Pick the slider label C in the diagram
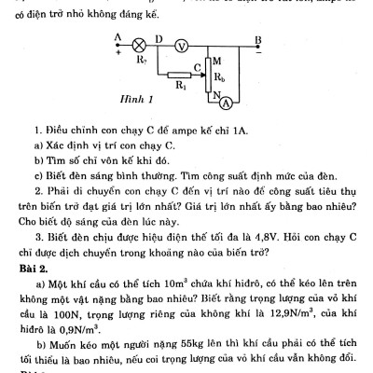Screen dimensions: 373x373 [198, 67]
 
